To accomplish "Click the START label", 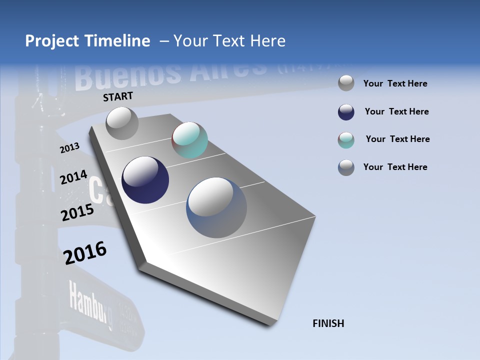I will [118, 96].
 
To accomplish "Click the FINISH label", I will [328, 323].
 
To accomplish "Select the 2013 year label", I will [69, 148].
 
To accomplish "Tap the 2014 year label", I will [73, 177].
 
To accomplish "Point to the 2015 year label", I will [77, 212].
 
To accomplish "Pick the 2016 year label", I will [85, 252].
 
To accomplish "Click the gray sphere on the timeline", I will [122, 123].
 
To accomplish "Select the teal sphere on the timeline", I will [189, 140].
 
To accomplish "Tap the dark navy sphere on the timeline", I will [145, 180].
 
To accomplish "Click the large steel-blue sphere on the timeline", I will [216, 207].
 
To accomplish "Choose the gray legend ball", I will [346, 83].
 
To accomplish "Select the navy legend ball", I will [346, 112].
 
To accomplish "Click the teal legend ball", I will [346, 140].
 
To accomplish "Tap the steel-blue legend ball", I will [346, 167].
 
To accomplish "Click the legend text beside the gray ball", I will [395, 83].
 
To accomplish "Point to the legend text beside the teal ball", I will [397, 139].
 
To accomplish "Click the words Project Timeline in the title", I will [87, 41].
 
